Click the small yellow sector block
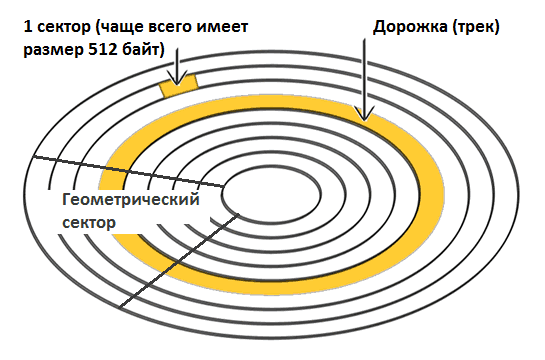click(x=179, y=85)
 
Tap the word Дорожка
click(x=410, y=27)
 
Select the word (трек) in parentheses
click(x=476, y=27)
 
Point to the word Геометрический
click(x=131, y=200)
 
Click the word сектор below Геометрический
click(x=89, y=222)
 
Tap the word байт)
click(x=144, y=50)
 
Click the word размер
click(x=54, y=51)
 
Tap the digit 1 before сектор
click(x=28, y=26)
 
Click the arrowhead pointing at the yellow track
click(x=364, y=114)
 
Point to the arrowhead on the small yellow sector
click(x=177, y=78)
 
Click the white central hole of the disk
click(x=272, y=196)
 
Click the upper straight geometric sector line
click(x=128, y=172)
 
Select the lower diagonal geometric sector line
click(x=179, y=261)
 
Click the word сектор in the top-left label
click(x=64, y=27)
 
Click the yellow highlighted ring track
click(x=433, y=189)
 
